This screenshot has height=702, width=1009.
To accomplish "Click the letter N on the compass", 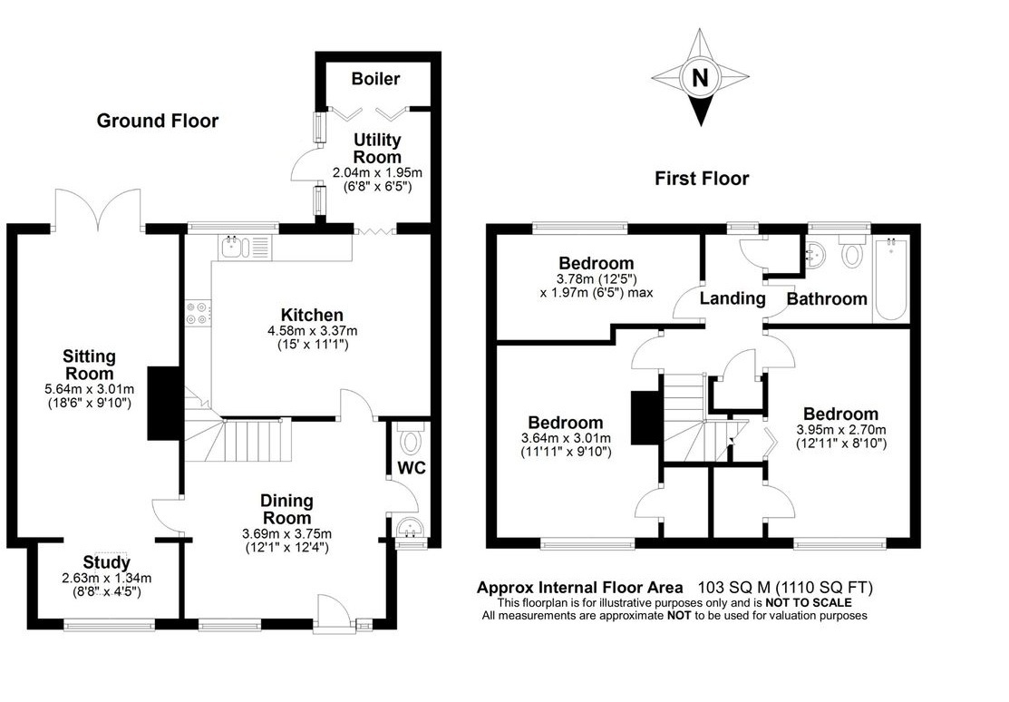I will (x=699, y=78).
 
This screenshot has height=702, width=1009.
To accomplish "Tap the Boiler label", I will (x=375, y=79).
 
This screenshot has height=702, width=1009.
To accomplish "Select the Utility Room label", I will (x=377, y=149).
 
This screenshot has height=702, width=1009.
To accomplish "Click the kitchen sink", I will (x=233, y=246).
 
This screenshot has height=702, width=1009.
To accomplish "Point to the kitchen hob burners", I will (x=196, y=312).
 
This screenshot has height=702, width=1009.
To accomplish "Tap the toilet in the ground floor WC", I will (x=411, y=441).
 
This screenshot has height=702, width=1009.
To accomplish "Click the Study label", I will (x=107, y=562).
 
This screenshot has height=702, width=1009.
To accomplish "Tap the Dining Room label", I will (x=286, y=509).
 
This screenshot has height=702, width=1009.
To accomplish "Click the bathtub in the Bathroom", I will (x=889, y=280).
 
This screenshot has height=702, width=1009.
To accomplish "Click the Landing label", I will (x=732, y=297).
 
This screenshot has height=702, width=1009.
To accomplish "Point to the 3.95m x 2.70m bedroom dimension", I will (x=839, y=430).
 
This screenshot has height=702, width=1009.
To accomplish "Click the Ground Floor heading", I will (x=158, y=121).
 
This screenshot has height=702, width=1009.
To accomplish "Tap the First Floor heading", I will (x=702, y=179).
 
